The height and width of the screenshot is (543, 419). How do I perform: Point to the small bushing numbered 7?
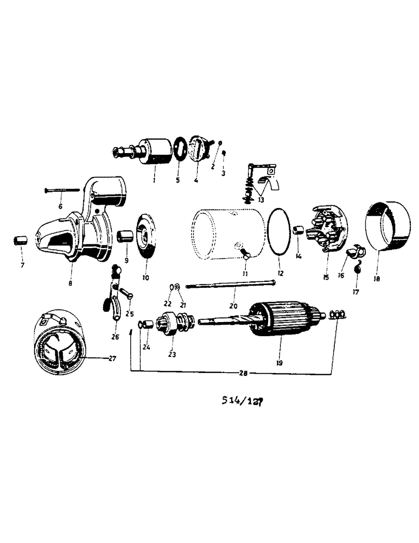coord(20,239)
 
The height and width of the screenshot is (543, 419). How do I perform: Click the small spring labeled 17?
coord(358,268)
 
